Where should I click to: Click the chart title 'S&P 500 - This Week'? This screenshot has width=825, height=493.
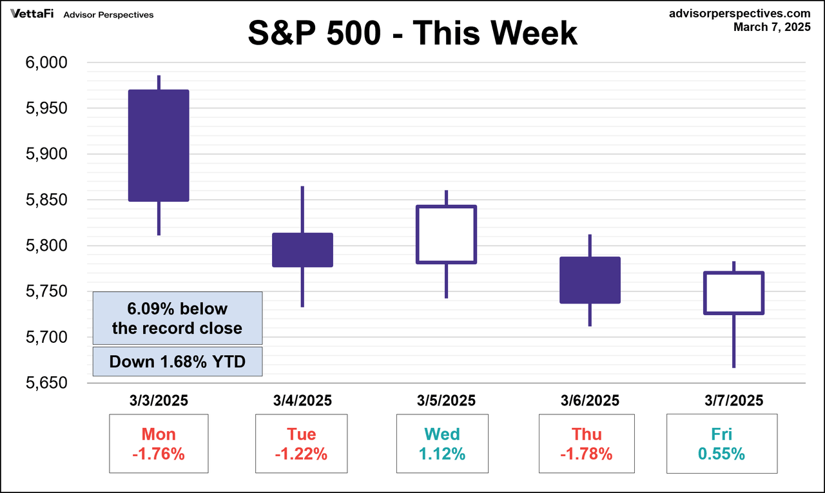click(x=412, y=34)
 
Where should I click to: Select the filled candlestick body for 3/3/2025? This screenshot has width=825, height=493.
click(x=159, y=146)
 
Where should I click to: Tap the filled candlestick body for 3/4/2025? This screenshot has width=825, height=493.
click(x=302, y=250)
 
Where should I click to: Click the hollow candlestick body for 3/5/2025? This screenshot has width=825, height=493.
click(x=446, y=235)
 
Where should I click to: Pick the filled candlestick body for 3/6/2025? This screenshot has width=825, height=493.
click(x=590, y=280)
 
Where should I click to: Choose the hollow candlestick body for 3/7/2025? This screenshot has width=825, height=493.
click(x=733, y=293)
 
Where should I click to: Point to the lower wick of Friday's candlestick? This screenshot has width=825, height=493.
click(x=733, y=341)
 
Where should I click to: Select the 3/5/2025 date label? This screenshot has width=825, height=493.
click(x=446, y=401)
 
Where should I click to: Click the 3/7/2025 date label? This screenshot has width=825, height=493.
click(x=733, y=401)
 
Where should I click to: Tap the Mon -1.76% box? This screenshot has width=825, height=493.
click(x=159, y=444)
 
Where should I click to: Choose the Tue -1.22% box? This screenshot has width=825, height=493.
click(x=302, y=444)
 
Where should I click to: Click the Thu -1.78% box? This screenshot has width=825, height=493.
click(x=587, y=444)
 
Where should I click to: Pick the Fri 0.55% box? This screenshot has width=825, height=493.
click(x=721, y=444)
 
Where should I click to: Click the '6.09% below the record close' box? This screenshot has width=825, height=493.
click(x=177, y=318)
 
